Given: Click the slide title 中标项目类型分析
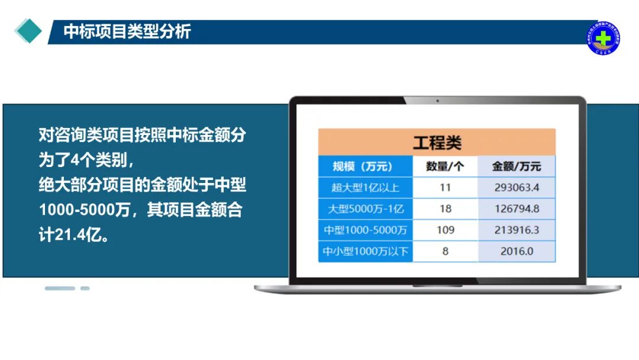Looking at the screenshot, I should (127, 31).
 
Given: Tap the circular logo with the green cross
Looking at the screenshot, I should (602, 38).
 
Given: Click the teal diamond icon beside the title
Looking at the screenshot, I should (28, 31).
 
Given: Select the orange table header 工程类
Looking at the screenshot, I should (437, 142).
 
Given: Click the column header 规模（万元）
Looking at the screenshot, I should (363, 166).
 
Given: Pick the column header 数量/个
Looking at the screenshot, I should (445, 166).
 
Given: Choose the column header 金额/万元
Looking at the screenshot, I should (517, 166).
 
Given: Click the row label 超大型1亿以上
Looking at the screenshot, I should (365, 188).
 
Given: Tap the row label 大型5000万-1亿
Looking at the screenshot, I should (365, 208).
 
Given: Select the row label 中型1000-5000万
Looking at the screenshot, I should (365, 230).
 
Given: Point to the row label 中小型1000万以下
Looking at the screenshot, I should (365, 251).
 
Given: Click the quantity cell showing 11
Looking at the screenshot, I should (445, 188).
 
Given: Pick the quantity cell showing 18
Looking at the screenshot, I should (445, 208).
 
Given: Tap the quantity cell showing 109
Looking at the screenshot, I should (445, 230).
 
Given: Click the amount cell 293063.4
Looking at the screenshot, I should (517, 188).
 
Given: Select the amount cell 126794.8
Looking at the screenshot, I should (517, 208).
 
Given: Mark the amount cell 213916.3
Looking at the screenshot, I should (517, 230).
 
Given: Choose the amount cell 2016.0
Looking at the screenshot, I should (517, 251).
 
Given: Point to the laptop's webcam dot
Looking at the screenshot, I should (437, 101).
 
